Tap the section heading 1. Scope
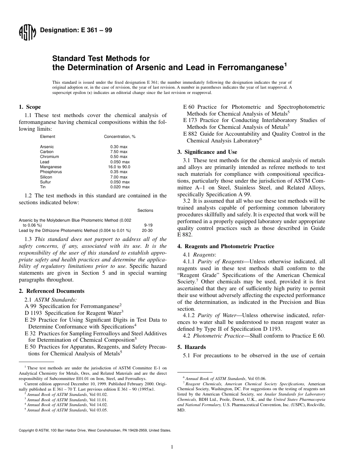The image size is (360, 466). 30,107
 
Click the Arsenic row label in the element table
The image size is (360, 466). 47,147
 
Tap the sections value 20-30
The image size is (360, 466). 147,230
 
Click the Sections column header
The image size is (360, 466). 145,210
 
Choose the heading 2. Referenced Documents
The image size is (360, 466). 52,291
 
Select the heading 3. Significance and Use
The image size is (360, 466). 207,152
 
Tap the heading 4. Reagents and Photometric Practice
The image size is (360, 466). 226,246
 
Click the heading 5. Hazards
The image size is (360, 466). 192,347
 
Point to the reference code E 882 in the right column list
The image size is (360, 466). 191,134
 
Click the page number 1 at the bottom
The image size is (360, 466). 172,447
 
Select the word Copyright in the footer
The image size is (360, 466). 27,430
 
